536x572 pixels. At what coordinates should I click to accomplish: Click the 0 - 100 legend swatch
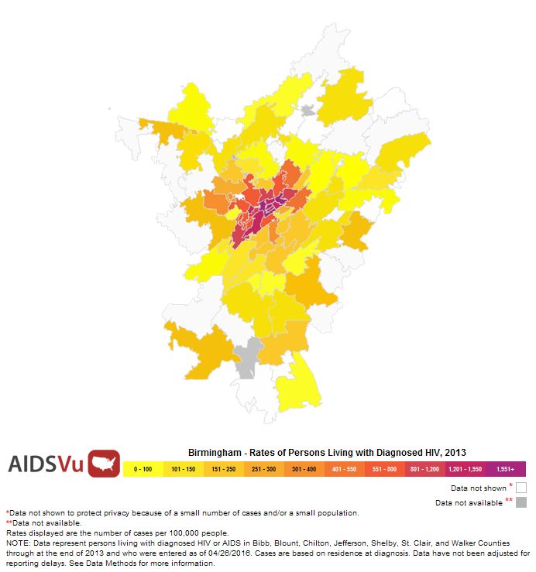[x=143, y=469]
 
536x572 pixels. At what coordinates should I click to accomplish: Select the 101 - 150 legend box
[x=183, y=469]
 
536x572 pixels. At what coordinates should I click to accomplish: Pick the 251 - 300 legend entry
[x=263, y=469]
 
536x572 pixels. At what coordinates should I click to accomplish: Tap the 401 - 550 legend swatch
[x=344, y=469]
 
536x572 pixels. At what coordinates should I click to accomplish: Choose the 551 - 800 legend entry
[x=384, y=469]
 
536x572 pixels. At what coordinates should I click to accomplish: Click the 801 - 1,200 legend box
[x=424, y=469]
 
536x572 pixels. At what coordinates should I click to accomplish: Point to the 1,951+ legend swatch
[x=505, y=469]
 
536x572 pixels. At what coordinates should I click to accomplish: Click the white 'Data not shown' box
[x=521, y=488]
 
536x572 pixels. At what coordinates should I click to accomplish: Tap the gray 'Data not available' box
[x=521, y=502]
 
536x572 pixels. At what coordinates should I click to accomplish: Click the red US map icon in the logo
[x=104, y=463]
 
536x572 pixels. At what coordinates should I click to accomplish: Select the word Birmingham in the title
[x=214, y=451]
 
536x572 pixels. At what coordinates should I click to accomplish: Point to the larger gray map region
[x=249, y=358]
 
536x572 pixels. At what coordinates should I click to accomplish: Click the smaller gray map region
[x=308, y=111]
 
